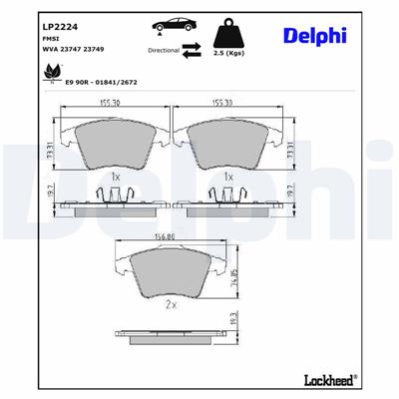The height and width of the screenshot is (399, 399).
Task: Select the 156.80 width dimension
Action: pos(165,237)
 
